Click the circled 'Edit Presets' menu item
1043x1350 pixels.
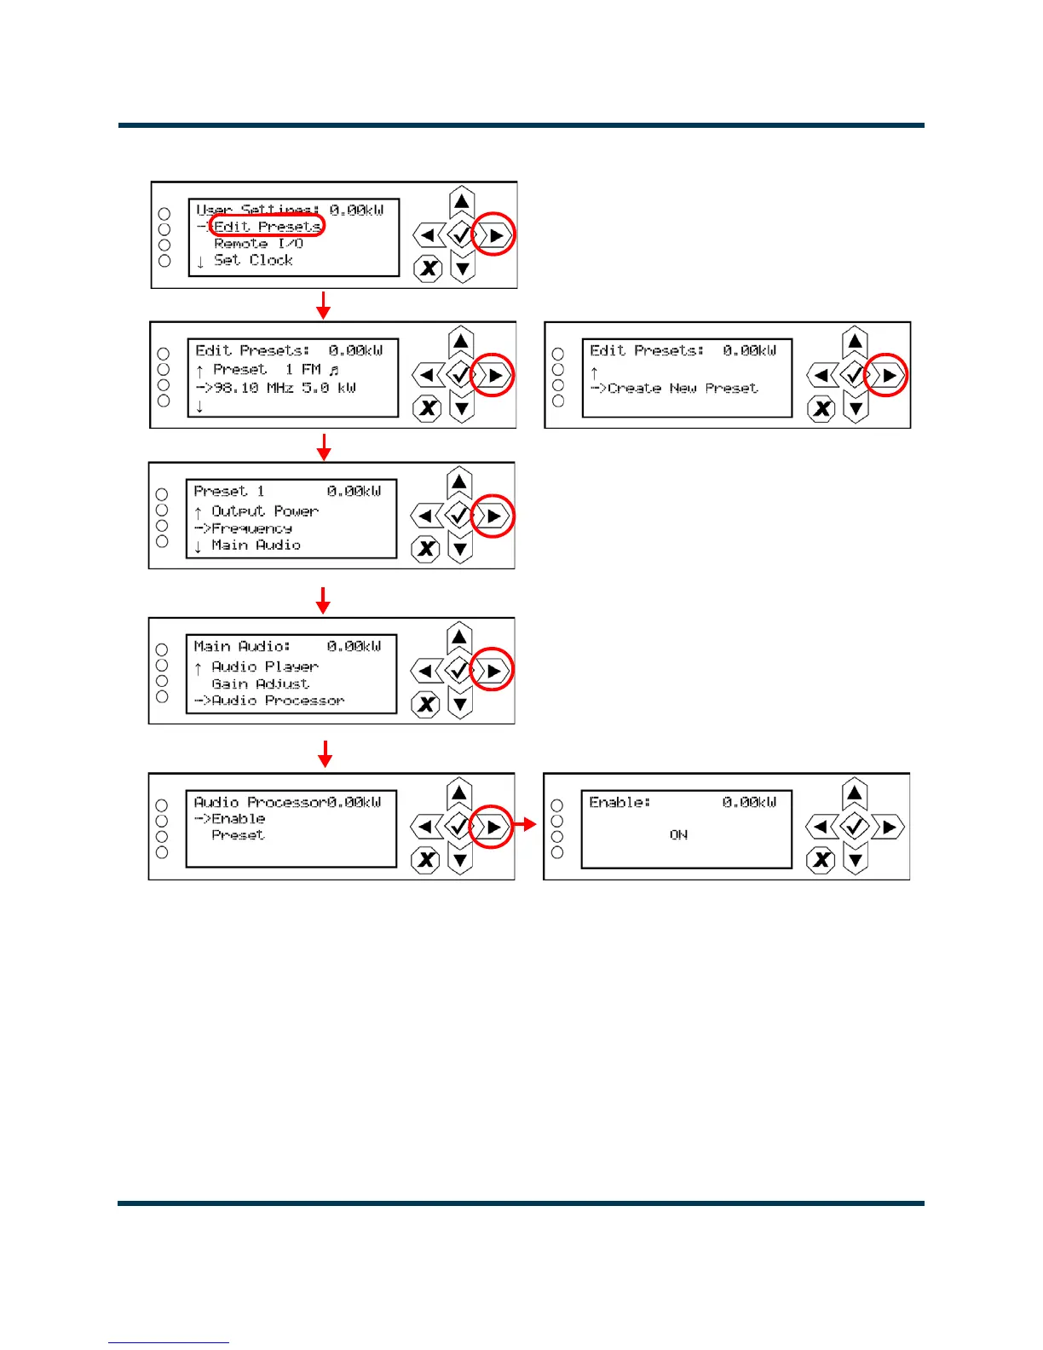tap(267, 227)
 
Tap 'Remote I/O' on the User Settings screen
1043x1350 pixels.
tap(258, 244)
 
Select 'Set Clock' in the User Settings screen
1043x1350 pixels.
tap(253, 260)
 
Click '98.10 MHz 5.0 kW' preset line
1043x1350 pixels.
tap(285, 388)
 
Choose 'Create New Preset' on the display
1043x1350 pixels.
tap(683, 389)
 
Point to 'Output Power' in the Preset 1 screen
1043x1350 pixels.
tap(265, 511)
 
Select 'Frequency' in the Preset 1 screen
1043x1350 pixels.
tap(251, 528)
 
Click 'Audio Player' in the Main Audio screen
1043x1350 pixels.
tap(265, 666)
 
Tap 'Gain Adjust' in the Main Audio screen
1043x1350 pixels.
tap(260, 684)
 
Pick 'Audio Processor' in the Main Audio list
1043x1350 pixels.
tap(278, 701)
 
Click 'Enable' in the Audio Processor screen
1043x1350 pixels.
tap(238, 819)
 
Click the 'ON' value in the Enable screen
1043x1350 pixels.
tap(678, 835)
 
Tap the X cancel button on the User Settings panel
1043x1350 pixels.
tap(428, 269)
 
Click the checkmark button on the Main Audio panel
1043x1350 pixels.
tap(459, 671)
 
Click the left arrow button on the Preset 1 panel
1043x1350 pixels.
tap(425, 516)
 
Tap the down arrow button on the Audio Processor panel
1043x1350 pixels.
tap(460, 859)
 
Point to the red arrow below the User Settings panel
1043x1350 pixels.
tap(323, 305)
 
